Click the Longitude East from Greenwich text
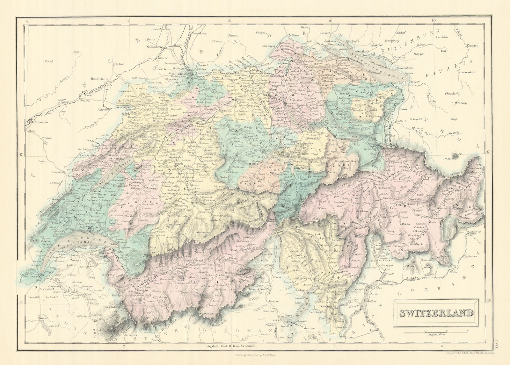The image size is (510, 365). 229,346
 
